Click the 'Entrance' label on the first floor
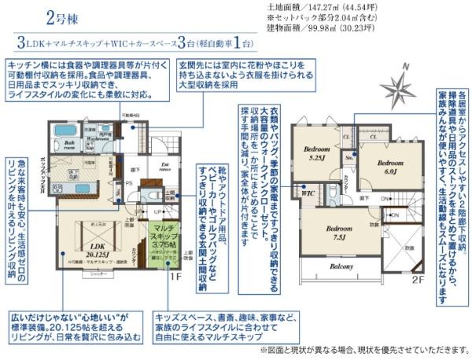165,165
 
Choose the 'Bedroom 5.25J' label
316,154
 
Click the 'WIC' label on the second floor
308,191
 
